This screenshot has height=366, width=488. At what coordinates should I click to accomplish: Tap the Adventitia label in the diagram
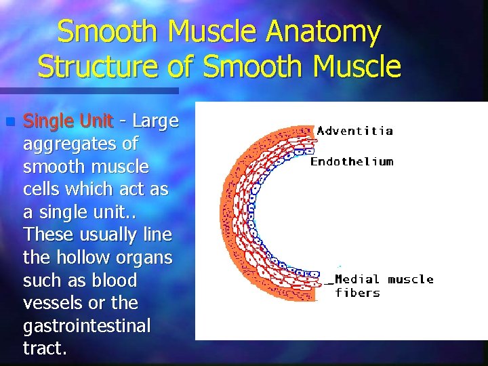click(x=354, y=131)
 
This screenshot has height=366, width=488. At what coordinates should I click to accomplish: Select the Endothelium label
click(x=351, y=161)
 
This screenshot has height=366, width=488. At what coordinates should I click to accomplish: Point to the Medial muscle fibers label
click(x=384, y=286)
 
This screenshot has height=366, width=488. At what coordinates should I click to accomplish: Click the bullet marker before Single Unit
click(x=9, y=122)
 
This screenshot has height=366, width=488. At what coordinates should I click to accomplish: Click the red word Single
click(x=48, y=121)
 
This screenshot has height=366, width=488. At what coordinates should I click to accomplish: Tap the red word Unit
click(x=95, y=121)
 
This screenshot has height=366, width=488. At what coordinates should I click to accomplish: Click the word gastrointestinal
click(x=87, y=326)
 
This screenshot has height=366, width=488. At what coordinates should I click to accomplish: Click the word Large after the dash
click(x=156, y=121)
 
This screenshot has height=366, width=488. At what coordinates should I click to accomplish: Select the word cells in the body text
click(x=44, y=189)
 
